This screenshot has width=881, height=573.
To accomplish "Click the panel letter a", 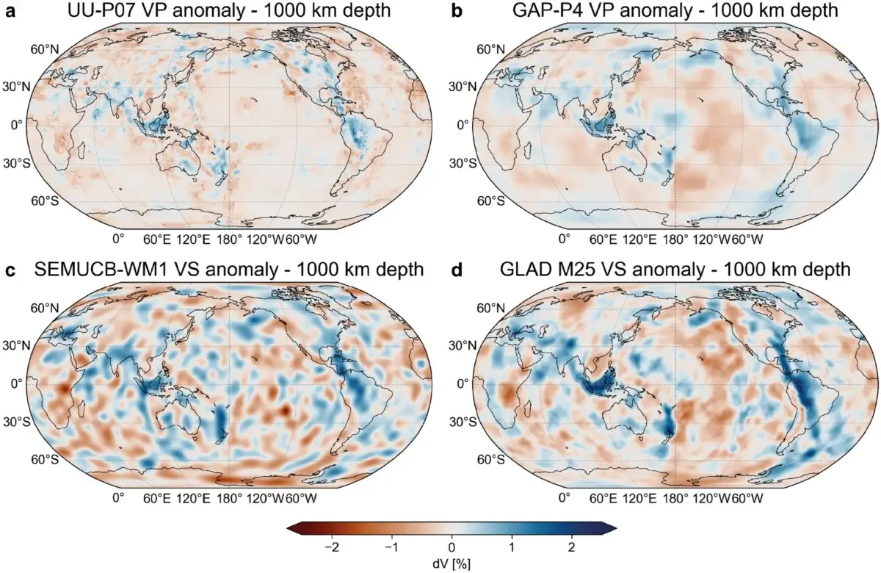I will [10, 11].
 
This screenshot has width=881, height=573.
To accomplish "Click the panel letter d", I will [458, 270].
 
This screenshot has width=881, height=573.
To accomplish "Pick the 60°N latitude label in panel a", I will [44, 49].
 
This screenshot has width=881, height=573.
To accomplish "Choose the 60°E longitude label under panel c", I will [156, 498].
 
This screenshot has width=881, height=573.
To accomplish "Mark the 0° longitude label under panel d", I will [564, 498].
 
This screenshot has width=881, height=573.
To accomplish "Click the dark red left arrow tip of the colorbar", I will [291, 528].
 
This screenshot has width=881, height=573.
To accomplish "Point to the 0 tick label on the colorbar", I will [452, 547].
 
